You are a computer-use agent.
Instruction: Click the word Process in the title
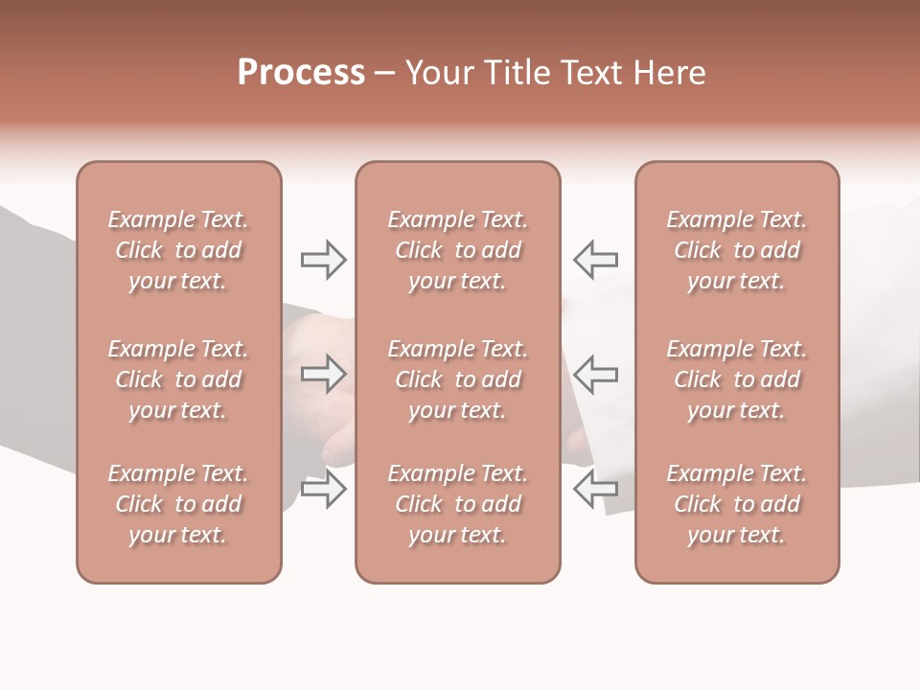point(301,73)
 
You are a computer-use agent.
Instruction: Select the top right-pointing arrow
point(323,260)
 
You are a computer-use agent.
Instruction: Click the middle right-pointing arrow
point(323,374)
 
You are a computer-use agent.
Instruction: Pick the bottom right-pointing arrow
point(323,489)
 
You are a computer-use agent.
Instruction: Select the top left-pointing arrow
point(595,260)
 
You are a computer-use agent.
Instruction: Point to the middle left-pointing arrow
point(595,374)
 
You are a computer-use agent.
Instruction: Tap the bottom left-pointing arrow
point(595,489)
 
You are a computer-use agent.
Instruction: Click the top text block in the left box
point(178,250)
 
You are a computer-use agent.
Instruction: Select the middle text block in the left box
point(178,379)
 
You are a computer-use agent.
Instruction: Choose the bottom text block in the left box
point(178,504)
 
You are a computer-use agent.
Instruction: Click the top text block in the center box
point(457,250)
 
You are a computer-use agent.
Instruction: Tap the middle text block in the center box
point(457,379)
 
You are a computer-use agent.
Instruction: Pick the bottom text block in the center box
point(457,504)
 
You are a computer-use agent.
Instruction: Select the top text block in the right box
point(736,250)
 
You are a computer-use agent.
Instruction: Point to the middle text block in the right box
point(736,379)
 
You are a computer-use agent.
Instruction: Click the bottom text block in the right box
point(736,504)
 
